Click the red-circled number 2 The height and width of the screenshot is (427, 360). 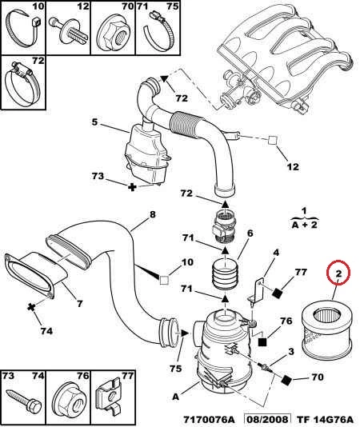(x=338, y=273)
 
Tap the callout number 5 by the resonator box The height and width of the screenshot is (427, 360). (x=94, y=122)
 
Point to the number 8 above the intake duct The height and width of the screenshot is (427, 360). (x=152, y=214)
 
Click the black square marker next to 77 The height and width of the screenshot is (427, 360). (x=278, y=293)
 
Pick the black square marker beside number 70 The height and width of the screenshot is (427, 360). (x=286, y=380)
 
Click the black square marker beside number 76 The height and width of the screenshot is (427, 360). (x=262, y=342)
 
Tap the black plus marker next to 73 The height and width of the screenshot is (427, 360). (x=132, y=187)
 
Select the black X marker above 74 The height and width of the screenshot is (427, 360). (x=31, y=308)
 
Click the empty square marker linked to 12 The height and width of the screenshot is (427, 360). (x=273, y=140)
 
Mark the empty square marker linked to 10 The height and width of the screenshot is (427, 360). (x=164, y=280)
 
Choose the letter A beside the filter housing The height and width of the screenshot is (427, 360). (x=176, y=397)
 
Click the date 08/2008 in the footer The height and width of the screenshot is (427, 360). (x=267, y=420)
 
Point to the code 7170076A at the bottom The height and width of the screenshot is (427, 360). (x=209, y=420)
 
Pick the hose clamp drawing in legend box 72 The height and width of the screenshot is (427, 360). (x=22, y=85)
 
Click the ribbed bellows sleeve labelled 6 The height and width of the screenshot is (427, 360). (x=225, y=275)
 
